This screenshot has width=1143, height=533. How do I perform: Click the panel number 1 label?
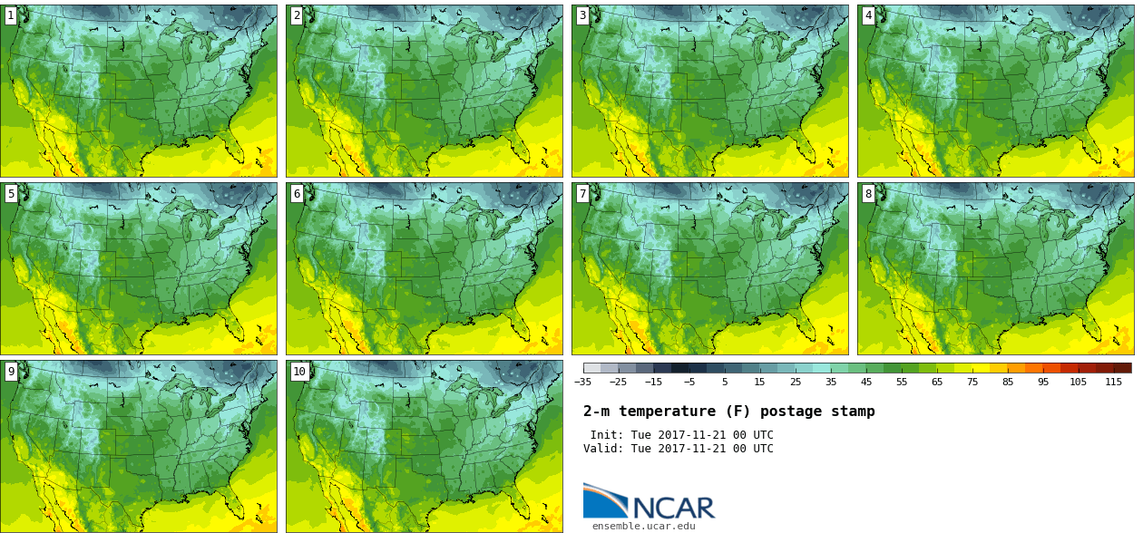pos(11,15)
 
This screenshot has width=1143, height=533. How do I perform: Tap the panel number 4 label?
pos(868,15)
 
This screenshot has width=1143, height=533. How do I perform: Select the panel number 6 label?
pos(297,193)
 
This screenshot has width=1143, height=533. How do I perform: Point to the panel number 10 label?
pos(298,371)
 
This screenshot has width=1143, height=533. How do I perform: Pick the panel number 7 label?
pos(582,193)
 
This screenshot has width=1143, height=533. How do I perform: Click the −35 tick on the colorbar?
pos(583,382)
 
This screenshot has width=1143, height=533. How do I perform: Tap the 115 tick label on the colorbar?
pos(1113,382)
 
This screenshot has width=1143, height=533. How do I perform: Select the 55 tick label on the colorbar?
pos(901,382)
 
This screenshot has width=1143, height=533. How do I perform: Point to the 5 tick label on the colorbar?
pos(725,382)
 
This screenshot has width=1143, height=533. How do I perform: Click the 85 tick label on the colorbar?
pos(1007,382)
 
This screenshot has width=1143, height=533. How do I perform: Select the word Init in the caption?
pos(605,435)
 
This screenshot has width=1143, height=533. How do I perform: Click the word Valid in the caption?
pos(601,449)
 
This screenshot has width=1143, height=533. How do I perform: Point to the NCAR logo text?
pos(673,508)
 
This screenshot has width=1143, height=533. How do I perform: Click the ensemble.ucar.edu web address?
pos(644,526)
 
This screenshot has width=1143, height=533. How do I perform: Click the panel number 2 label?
pos(297,15)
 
